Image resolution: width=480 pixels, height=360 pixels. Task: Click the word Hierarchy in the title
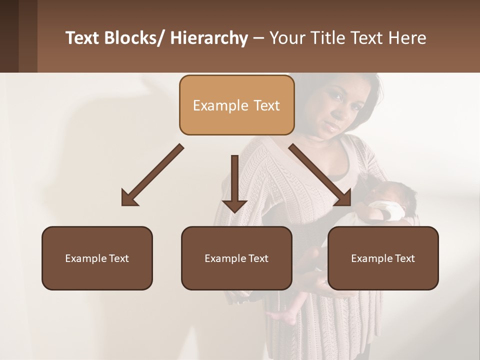point(209,38)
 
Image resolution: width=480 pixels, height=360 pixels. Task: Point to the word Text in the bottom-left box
point(118,258)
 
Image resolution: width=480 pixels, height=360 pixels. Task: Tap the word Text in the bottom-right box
point(404,258)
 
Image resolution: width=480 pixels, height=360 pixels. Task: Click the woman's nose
point(332,110)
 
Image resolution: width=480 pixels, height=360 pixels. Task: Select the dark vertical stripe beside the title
point(28,36)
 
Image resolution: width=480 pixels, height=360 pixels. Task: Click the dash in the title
point(258,38)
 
